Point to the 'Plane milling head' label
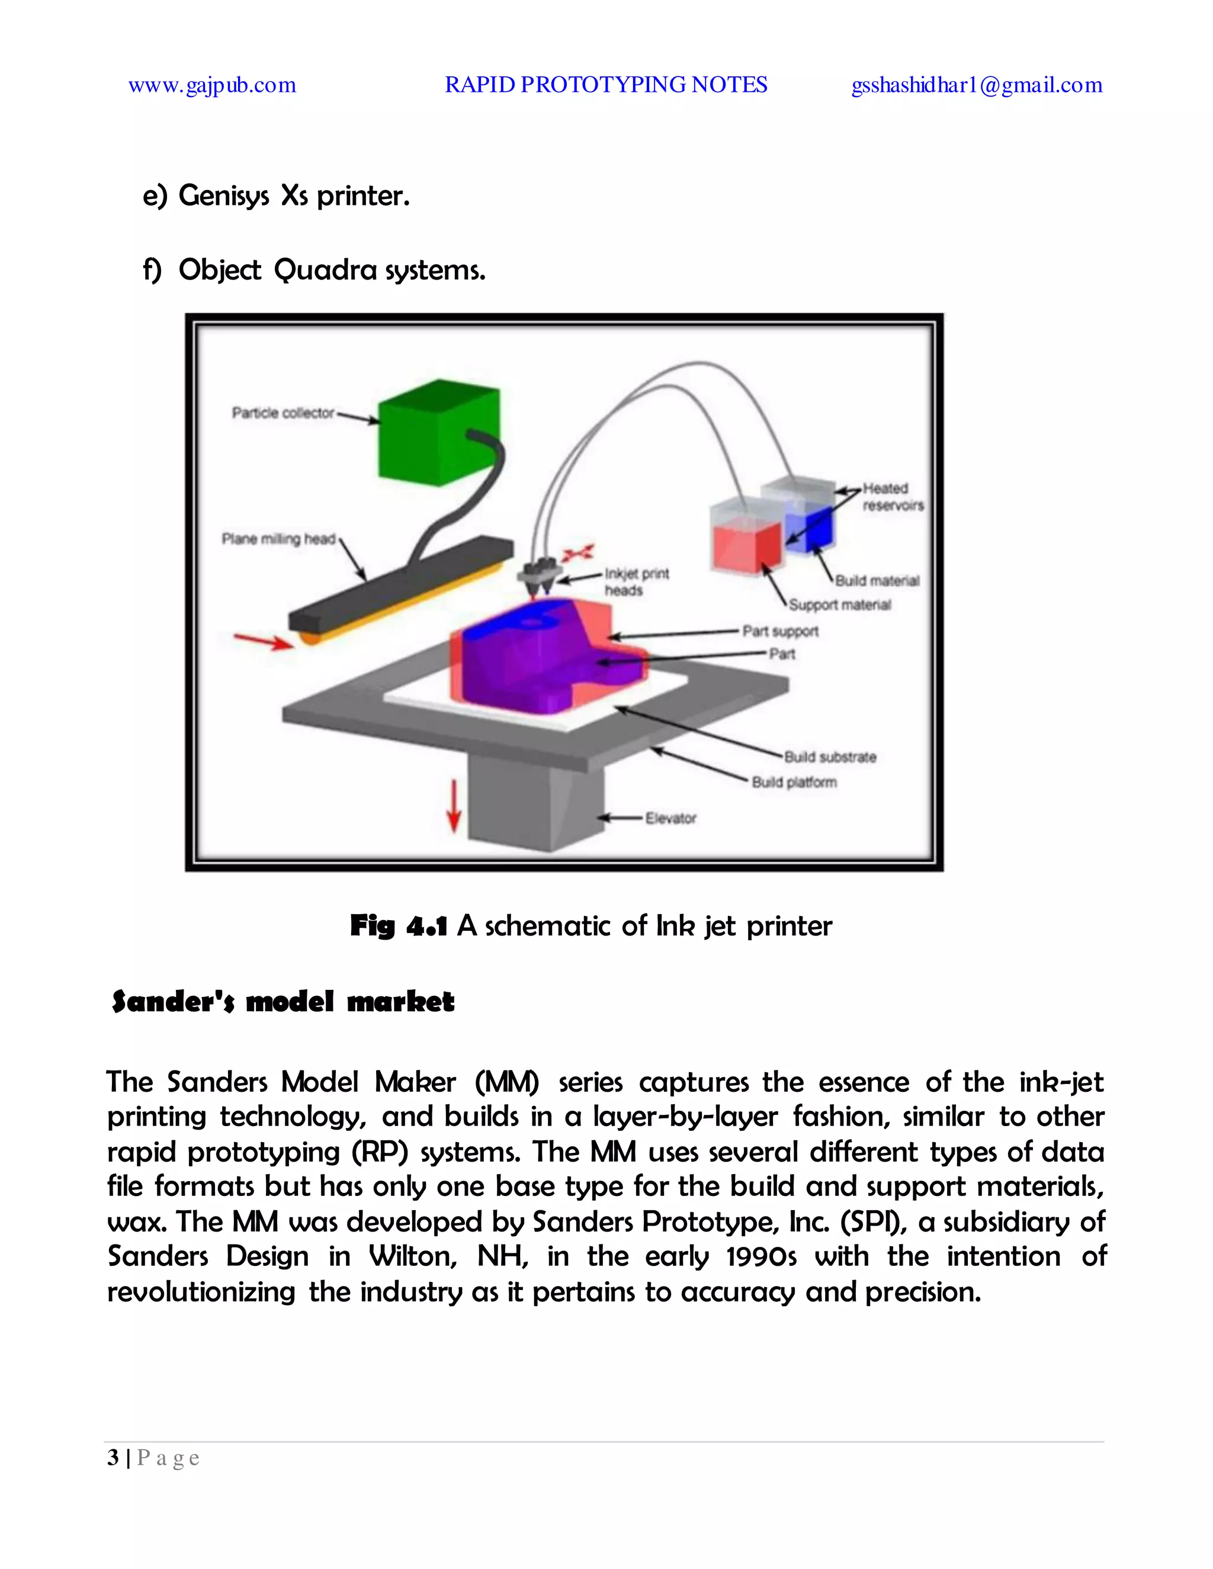279,539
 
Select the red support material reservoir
746,545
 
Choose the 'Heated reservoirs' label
893,496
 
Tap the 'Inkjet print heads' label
636,582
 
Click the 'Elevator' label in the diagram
670,818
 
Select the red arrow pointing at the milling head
263,641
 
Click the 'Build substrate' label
830,757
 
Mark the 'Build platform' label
794,782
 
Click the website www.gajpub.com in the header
212,85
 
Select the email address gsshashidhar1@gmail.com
977,85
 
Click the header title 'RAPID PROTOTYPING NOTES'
606,85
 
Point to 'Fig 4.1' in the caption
399,926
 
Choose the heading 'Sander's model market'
283,1001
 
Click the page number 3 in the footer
113,1458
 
